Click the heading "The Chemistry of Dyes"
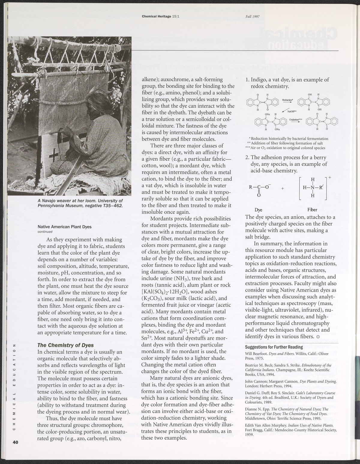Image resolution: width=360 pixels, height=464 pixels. pyautogui.click(x=65, y=345)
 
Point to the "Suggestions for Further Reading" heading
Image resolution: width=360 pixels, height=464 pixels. pyautogui.click(x=274, y=347)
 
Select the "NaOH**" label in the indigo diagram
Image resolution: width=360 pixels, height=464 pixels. pyautogui.click(x=292, y=111)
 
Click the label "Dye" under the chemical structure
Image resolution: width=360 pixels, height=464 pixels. pyautogui.click(x=258, y=210)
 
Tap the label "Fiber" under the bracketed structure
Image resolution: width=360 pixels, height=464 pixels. pyautogui.click(x=312, y=210)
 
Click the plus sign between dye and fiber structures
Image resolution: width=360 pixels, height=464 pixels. pyautogui.click(x=283, y=188)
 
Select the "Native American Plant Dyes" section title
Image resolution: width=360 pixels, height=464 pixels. pyautogui.click(x=64, y=227)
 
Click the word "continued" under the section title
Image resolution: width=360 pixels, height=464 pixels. pyautogui.click(x=45, y=232)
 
